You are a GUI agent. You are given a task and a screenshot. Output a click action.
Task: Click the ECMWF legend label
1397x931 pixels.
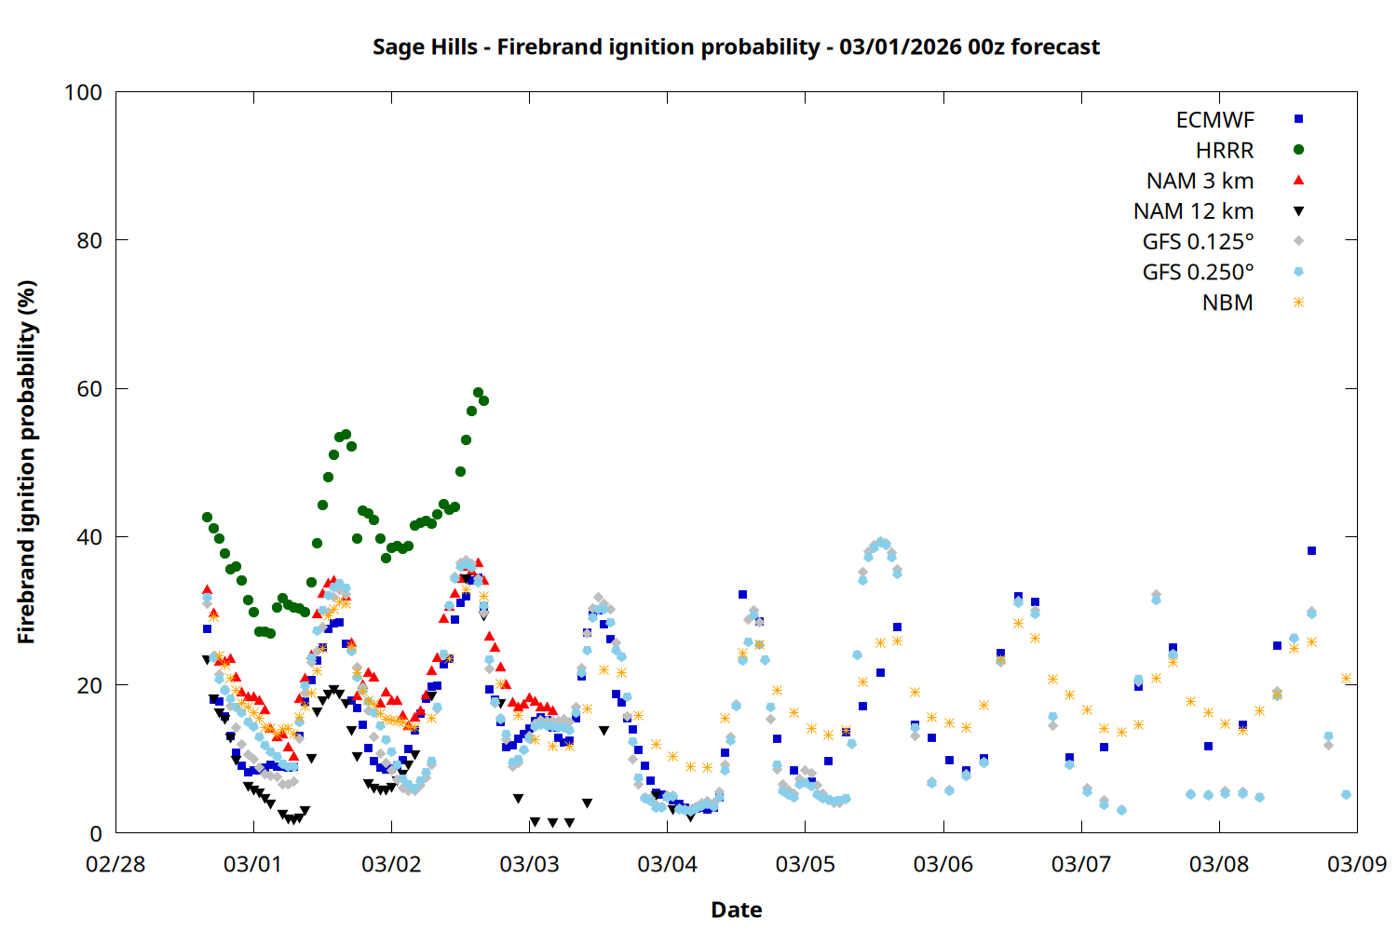point(1214,120)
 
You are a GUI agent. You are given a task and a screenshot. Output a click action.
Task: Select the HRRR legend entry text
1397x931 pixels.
point(1225,151)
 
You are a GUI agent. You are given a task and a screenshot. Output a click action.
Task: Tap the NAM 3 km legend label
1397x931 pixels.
point(1200,181)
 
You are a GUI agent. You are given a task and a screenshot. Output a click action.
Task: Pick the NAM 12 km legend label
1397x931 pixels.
point(1193,211)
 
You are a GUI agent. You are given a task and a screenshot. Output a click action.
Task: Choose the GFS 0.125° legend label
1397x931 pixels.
point(1198,242)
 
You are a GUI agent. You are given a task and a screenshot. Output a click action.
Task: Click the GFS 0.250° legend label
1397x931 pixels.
point(1198,273)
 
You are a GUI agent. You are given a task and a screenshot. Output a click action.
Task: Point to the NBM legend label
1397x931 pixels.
point(1227,304)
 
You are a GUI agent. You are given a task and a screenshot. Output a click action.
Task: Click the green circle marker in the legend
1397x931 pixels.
point(1298,150)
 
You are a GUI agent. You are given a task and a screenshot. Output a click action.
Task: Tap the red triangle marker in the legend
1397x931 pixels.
point(1298,180)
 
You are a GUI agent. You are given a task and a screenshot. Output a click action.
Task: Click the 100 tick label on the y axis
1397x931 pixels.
point(83,92)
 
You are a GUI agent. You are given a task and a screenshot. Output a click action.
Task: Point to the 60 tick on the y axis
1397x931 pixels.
point(89,389)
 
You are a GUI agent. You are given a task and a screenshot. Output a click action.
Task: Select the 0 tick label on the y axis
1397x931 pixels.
point(95,834)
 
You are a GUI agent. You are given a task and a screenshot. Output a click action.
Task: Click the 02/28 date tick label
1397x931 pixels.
point(115,865)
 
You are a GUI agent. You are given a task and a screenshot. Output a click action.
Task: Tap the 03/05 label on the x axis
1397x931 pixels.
point(806,865)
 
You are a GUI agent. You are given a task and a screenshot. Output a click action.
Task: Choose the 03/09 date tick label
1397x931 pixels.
point(1357,865)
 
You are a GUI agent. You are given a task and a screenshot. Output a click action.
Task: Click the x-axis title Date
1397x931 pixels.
point(736,910)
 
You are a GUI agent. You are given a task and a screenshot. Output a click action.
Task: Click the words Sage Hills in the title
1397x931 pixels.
point(425,47)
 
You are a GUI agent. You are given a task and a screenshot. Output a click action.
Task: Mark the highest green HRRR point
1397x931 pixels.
point(478,393)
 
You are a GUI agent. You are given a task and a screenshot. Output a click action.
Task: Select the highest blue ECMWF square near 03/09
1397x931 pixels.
point(1311,551)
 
